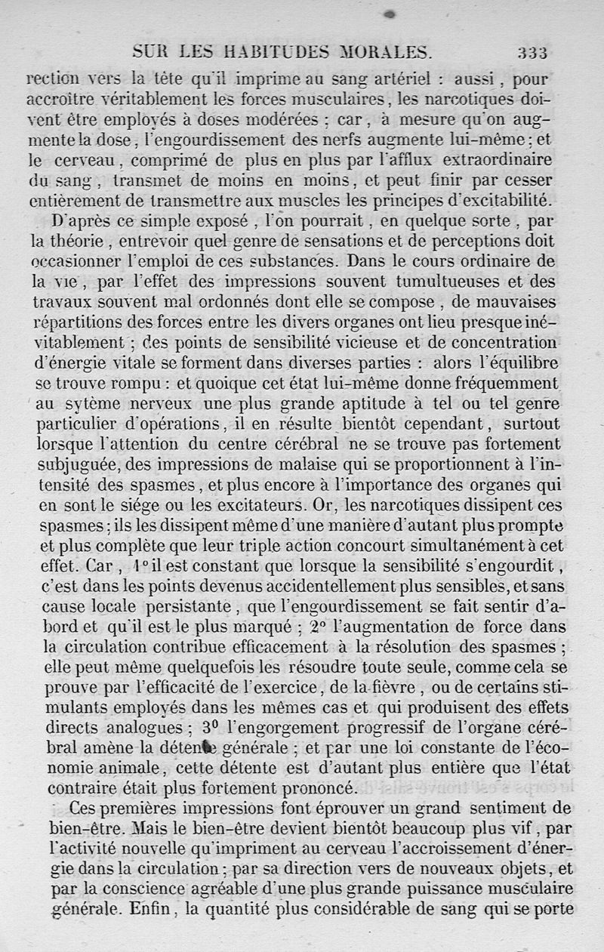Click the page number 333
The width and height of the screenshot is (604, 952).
pos(532,52)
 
